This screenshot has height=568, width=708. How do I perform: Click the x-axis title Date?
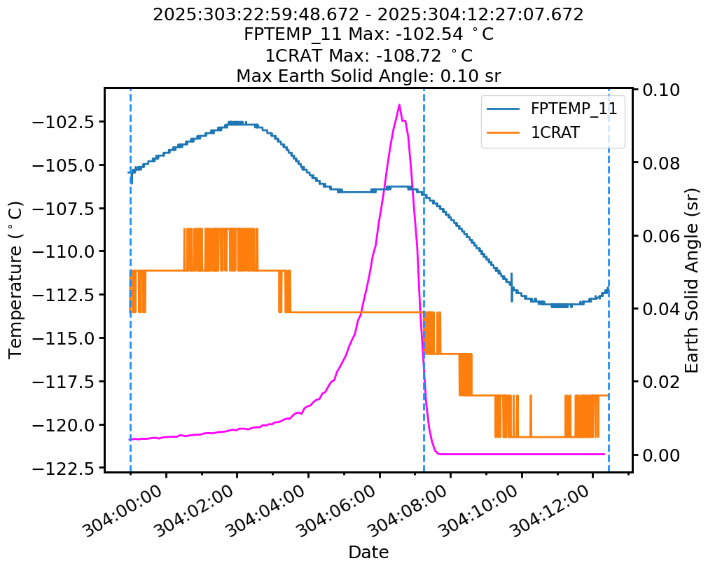coord(368,552)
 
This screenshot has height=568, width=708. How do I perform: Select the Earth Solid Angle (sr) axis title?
coord(693,280)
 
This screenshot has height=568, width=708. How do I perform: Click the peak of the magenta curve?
coord(400,105)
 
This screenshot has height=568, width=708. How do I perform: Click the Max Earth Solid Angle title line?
coord(368,75)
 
